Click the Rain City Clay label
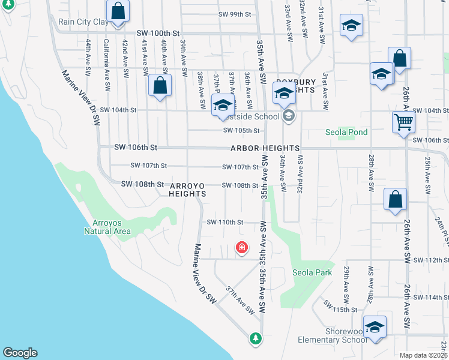click(x=83, y=22)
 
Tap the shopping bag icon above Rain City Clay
click(x=118, y=11)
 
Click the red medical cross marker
click(x=241, y=247)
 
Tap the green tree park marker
click(x=256, y=338)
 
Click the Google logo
click(x=20, y=353)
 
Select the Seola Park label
click(x=312, y=272)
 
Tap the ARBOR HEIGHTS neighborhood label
click(x=264, y=148)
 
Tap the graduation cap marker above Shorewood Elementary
click(x=375, y=326)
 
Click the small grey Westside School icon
click(x=289, y=116)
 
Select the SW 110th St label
click(x=224, y=222)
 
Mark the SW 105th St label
click(x=241, y=130)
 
